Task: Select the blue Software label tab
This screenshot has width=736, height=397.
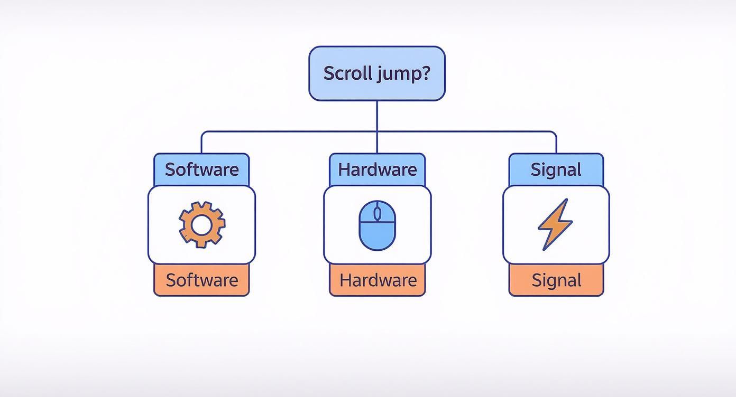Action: point(201,169)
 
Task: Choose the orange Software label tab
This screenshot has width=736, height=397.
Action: point(201,280)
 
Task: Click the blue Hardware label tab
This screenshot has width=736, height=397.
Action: point(377,169)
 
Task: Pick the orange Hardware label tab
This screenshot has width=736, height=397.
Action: point(377,280)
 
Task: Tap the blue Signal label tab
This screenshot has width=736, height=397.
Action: point(556,169)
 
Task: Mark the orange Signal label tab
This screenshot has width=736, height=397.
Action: point(556,280)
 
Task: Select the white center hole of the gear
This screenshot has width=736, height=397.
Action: point(201,225)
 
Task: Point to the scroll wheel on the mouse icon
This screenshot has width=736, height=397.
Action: point(377,214)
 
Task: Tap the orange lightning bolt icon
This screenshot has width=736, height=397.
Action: point(555,224)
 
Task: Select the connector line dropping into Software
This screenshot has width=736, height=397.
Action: point(201,143)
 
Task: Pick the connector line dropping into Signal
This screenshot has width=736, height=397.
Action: point(556,143)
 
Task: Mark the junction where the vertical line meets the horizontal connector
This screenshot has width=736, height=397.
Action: point(377,131)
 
